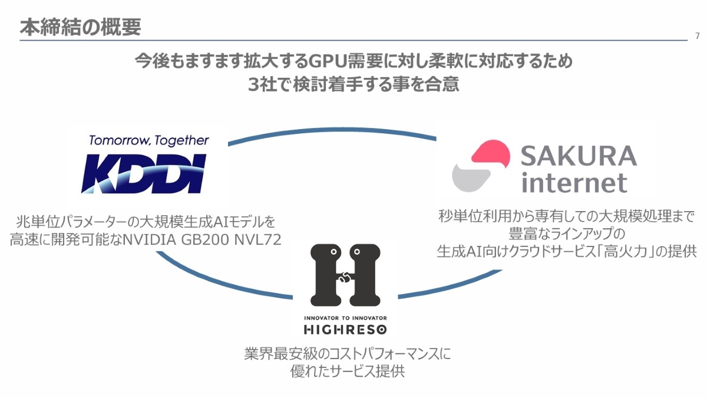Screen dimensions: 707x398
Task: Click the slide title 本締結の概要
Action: (80, 28)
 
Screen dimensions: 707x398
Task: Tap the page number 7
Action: (697, 36)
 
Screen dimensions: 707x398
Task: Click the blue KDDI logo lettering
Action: (144, 173)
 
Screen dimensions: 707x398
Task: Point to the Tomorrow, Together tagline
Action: (148, 140)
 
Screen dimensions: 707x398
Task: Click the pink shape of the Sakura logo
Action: (491, 154)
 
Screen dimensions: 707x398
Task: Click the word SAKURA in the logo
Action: (579, 156)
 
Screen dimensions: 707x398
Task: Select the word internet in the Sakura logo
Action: (574, 183)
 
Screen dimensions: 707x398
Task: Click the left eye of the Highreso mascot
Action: (333, 252)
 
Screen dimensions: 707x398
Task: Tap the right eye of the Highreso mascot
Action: (356, 252)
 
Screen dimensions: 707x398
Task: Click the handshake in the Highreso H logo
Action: (345, 277)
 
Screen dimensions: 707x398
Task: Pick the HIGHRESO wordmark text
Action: (345, 330)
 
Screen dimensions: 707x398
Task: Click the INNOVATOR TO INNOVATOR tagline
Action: (345, 318)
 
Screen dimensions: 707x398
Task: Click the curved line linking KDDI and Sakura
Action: (332, 130)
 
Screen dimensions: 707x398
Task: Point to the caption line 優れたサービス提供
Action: (347, 371)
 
